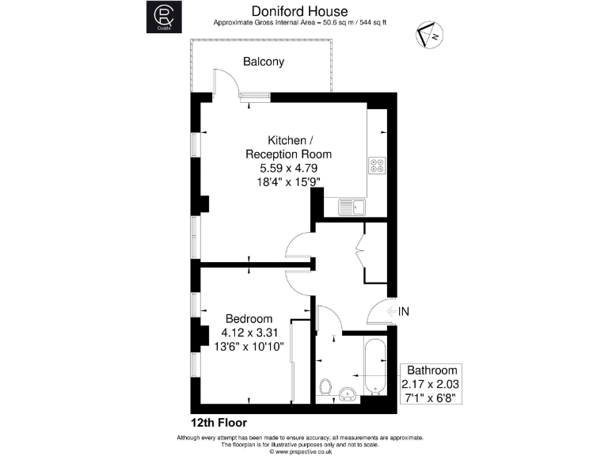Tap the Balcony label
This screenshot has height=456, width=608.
(x=264, y=62)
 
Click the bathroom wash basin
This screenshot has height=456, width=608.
(x=347, y=393)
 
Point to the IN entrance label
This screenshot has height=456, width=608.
(x=404, y=312)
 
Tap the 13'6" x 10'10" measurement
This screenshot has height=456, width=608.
(x=249, y=347)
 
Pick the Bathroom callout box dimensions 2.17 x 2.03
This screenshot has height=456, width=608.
(x=431, y=384)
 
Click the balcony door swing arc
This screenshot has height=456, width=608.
(x=224, y=82)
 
